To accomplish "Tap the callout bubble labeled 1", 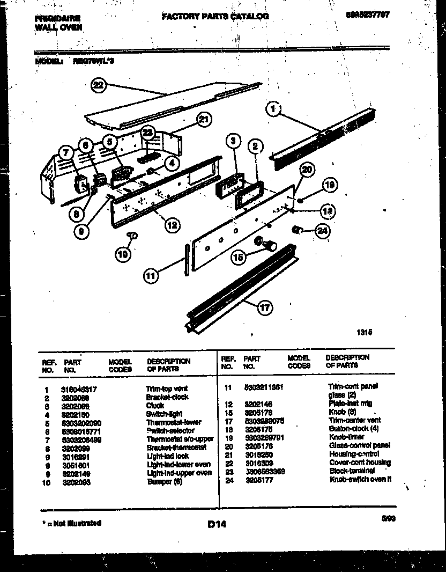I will click(x=273, y=110).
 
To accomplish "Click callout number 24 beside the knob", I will click(x=322, y=231).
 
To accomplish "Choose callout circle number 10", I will click(x=123, y=254).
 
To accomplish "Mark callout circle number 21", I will click(x=204, y=119).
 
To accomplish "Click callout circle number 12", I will click(x=172, y=225).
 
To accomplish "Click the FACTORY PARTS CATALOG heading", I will click(x=215, y=16).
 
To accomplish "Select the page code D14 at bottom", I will click(x=217, y=524).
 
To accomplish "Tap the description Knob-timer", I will click(x=346, y=437).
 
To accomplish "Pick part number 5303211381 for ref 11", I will click(x=263, y=386).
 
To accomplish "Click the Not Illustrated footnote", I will click(x=71, y=523).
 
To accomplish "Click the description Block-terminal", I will click(x=352, y=471).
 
